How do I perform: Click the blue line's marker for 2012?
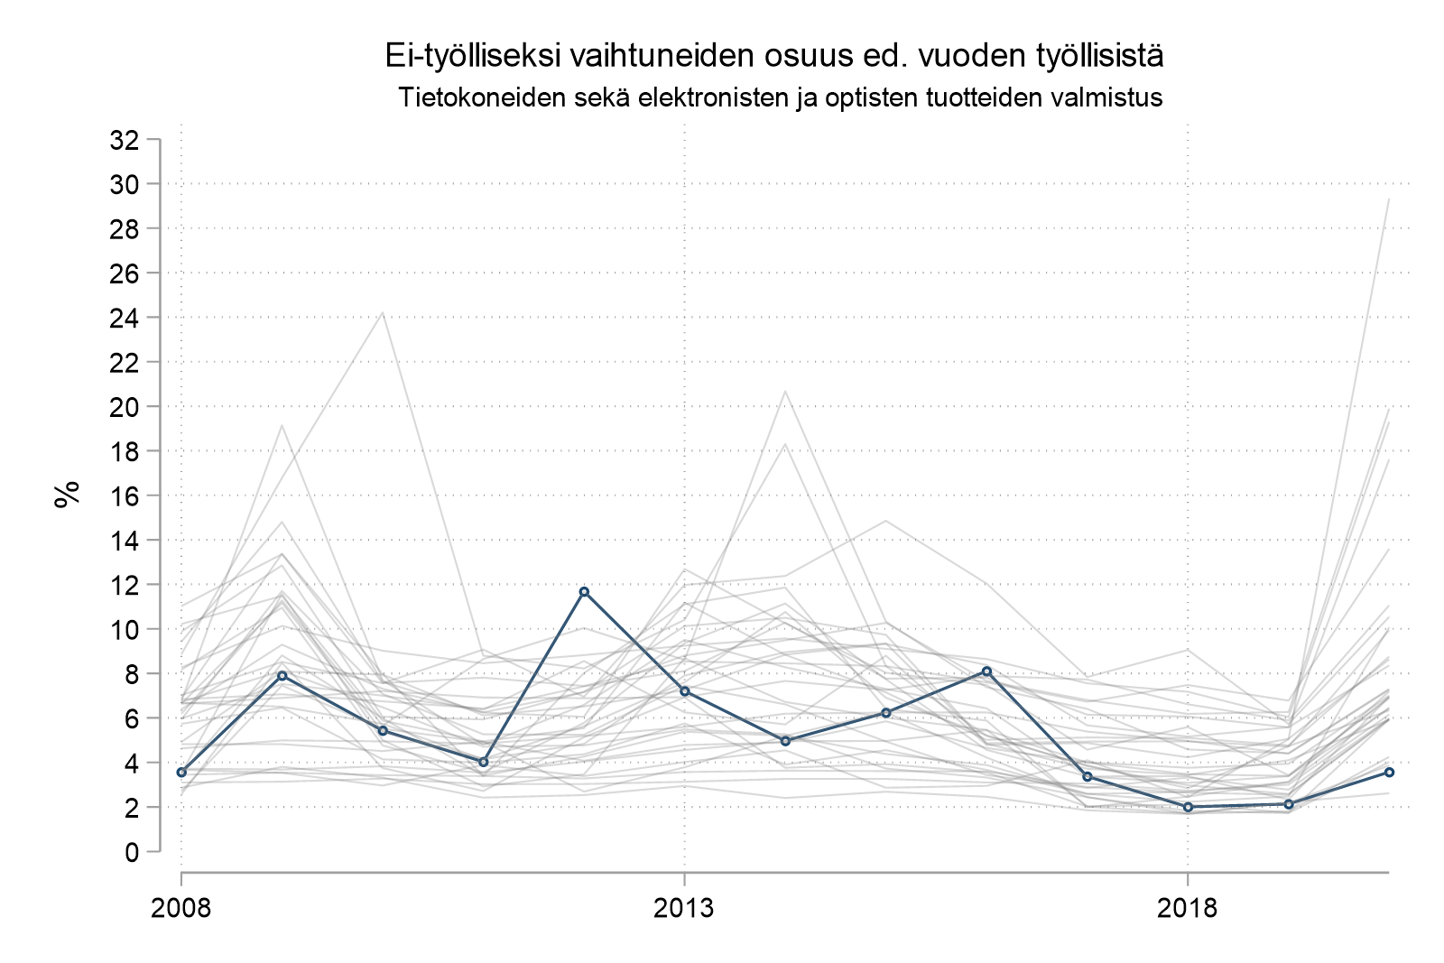pos(584,592)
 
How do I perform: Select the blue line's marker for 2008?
pos(181,773)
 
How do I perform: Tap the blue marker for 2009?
pos(282,675)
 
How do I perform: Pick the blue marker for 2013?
pos(685,691)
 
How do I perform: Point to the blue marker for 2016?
pos(986,671)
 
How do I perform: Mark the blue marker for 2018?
pos(1188,807)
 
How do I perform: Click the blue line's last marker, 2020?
pos(1390,772)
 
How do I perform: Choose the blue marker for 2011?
pos(483,762)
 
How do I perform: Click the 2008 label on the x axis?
pos(181,907)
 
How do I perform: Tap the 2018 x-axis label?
pos(1188,907)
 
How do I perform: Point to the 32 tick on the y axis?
pos(124,140)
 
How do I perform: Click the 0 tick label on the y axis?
pos(132,851)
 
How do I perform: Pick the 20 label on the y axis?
pos(124,407)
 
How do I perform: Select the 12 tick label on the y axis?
pos(124,585)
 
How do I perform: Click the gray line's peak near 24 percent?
pos(383,313)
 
